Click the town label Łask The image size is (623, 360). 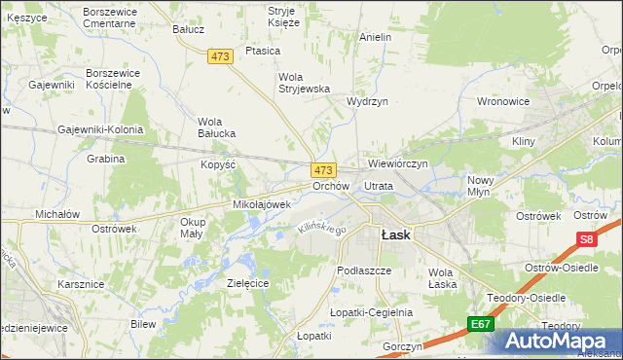(395, 234)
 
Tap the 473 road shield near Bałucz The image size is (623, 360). (220, 57)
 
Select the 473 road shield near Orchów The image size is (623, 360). (324, 169)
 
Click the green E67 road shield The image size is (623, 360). (479, 324)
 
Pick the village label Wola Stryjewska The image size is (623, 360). (305, 82)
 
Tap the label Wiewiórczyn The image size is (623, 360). (398, 164)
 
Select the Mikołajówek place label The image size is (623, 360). (262, 205)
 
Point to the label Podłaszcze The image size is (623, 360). (363, 270)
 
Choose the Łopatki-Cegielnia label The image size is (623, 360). (372, 312)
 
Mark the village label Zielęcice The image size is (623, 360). (247, 282)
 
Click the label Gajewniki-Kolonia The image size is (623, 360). (100, 129)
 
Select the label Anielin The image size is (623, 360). (375, 37)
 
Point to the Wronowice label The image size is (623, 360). (503, 100)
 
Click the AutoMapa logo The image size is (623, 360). (560, 341)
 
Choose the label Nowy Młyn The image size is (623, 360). (481, 186)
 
